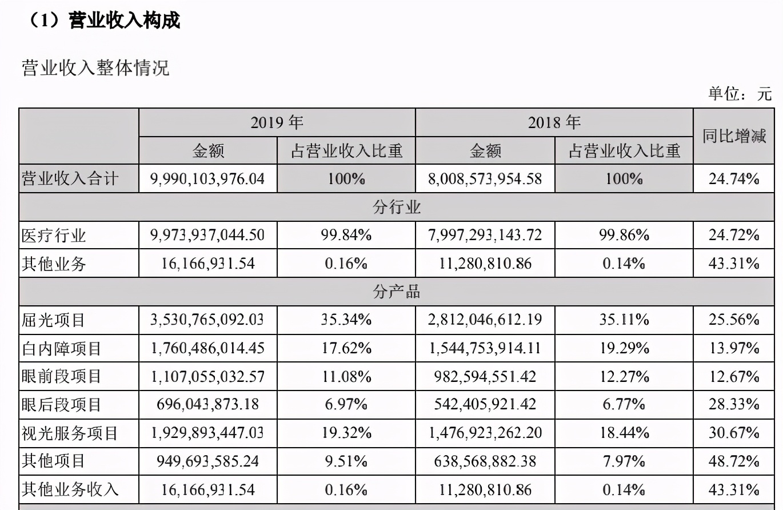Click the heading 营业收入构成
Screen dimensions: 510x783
[x=123, y=21]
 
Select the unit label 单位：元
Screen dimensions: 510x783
[x=740, y=93]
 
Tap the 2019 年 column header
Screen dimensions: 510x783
[x=277, y=122]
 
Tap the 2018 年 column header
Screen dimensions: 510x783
[x=553, y=122]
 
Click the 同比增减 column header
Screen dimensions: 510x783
[x=734, y=136]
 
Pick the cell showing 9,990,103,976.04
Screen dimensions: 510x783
[x=207, y=179]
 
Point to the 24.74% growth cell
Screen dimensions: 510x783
[x=734, y=179]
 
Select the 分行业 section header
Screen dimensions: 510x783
[x=397, y=207]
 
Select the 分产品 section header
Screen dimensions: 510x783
[x=397, y=292]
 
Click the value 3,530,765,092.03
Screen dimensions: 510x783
[x=207, y=319]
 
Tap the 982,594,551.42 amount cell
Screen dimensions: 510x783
[x=485, y=376]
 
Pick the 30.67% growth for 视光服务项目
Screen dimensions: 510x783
[x=734, y=433]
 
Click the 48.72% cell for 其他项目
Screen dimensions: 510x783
[x=734, y=461]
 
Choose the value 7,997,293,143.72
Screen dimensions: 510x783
[x=485, y=235]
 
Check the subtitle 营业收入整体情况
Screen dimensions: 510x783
[x=95, y=68]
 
